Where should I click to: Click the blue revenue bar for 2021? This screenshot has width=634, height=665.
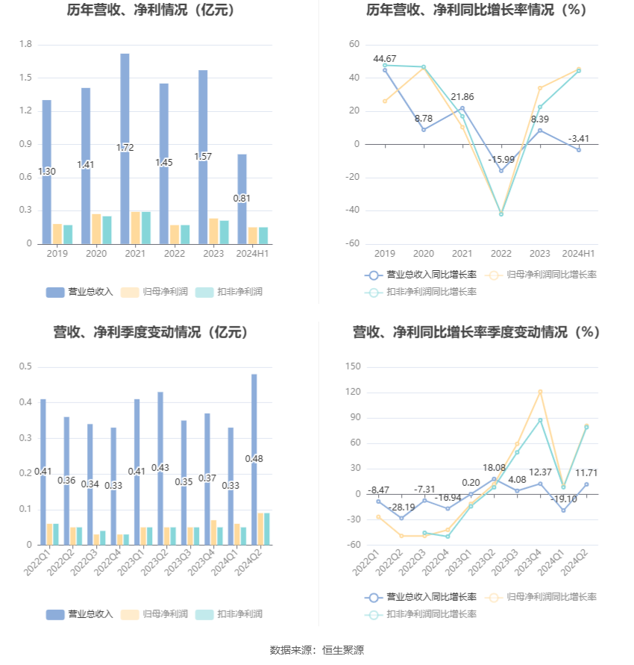[125, 149]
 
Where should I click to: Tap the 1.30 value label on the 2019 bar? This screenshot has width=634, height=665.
[46, 171]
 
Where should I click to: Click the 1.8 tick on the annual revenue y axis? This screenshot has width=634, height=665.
[25, 45]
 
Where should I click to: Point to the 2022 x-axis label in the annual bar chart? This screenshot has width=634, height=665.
[175, 254]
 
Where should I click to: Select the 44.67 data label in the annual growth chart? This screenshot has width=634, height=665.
[385, 58]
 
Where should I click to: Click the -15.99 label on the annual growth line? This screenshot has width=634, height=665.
[500, 159]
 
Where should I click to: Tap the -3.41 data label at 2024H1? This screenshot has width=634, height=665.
[579, 138]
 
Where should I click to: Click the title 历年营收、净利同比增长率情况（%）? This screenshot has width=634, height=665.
[476, 10]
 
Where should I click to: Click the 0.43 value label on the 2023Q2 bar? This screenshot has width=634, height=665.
[160, 467]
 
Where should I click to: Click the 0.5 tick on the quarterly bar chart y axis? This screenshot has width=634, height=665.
[25, 366]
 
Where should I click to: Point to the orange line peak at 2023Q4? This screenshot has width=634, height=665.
[540, 391]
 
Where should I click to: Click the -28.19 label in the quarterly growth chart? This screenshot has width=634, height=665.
[401, 507]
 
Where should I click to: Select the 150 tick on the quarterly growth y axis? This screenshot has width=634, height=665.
[353, 366]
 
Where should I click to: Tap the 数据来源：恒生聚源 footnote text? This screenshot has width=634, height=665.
[316, 650]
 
